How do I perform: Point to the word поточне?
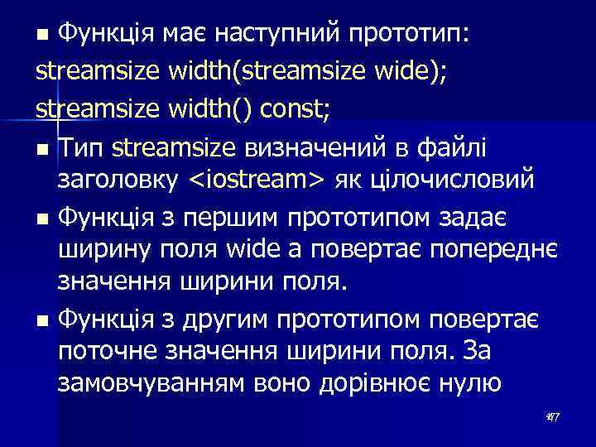(x=108, y=352)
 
